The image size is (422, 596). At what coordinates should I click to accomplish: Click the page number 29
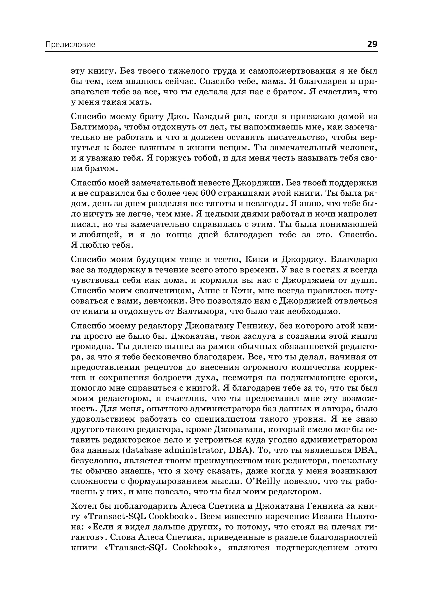click(x=372, y=44)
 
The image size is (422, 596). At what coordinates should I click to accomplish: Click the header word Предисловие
click(x=70, y=45)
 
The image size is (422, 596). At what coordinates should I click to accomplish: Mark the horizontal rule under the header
click(x=211, y=52)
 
